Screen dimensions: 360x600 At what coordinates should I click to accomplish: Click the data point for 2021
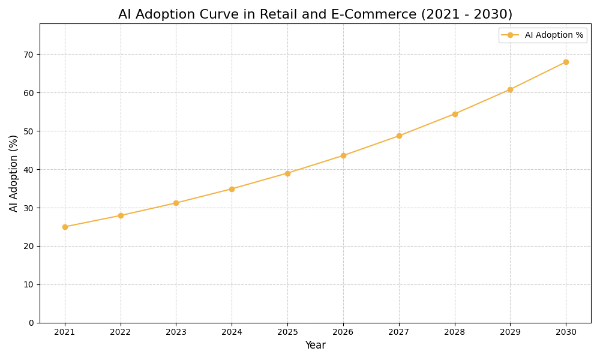[x=65, y=227]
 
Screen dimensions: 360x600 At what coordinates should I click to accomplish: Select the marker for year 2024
[x=232, y=189]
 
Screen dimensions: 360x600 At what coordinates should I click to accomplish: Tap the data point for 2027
[x=399, y=136]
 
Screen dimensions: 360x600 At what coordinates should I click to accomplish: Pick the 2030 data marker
[x=566, y=62]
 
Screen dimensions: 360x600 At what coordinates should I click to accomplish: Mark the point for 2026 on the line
[x=343, y=155]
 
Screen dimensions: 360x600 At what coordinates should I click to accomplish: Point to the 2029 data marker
[x=510, y=89]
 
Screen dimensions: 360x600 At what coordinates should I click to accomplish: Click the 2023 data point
[x=176, y=203]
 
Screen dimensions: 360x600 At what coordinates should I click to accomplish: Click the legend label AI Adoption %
[x=554, y=35]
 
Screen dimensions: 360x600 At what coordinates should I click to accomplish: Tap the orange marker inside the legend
[x=510, y=35]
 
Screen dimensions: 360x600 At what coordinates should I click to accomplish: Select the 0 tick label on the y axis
[x=31, y=323]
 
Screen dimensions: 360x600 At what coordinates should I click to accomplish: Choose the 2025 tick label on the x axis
[x=287, y=332]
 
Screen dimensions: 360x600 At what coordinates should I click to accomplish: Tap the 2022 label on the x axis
[x=121, y=332]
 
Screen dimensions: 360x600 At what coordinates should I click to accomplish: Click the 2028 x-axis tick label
[x=455, y=332]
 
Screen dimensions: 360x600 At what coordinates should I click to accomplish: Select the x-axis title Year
[x=315, y=346]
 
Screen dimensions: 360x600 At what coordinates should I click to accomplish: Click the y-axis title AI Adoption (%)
[x=14, y=173]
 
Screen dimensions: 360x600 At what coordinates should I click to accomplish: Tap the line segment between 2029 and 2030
[x=538, y=76]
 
